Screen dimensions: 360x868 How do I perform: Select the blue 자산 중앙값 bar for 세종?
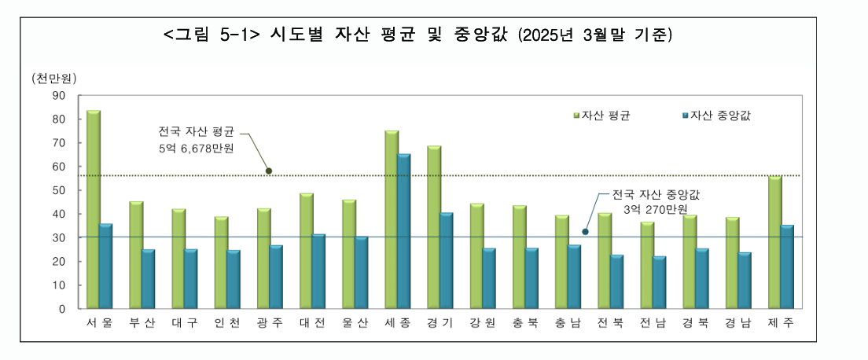coord(404,231)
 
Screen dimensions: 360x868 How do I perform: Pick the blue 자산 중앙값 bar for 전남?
coord(659,282)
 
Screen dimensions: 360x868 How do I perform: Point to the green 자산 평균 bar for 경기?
coord(434,227)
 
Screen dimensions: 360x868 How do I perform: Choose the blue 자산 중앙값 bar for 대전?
coord(318,271)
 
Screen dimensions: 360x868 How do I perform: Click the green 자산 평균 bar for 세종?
coord(392,219)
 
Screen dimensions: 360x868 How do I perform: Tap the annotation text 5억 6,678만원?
coord(196,149)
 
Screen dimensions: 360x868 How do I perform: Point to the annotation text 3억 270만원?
coord(655,210)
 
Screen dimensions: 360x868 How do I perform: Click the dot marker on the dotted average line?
coord(269,171)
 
